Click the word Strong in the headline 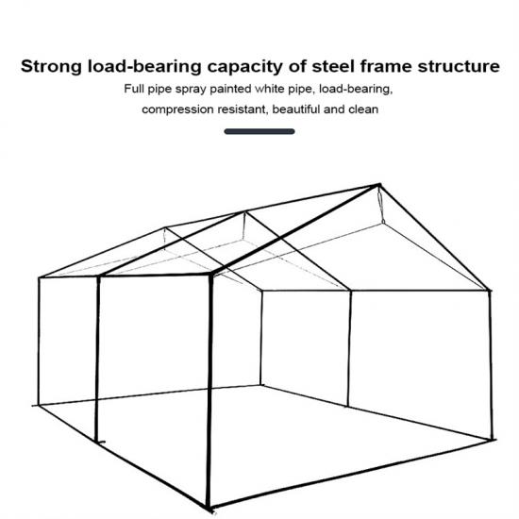[51, 67]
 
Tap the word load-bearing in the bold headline [144, 67]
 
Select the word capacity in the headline [245, 67]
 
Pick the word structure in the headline [459, 67]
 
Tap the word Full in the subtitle [134, 89]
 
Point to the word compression [177, 109]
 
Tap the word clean [363, 109]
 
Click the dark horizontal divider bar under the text [259, 131]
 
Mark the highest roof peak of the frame [379, 184]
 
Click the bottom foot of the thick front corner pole [208, 508]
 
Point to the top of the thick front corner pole [210, 275]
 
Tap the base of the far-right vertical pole [492, 439]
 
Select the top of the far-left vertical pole [39, 277]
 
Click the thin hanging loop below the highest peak [381, 207]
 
